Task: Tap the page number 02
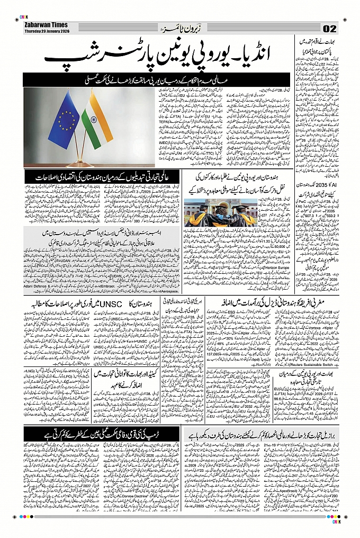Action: pyautogui.click(x=330, y=28)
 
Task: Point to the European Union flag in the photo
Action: pyautogui.click(x=64, y=119)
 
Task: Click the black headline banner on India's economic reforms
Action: pyautogui.click(x=100, y=177)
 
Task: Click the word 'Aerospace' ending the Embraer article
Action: pyautogui.click(x=168, y=291)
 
